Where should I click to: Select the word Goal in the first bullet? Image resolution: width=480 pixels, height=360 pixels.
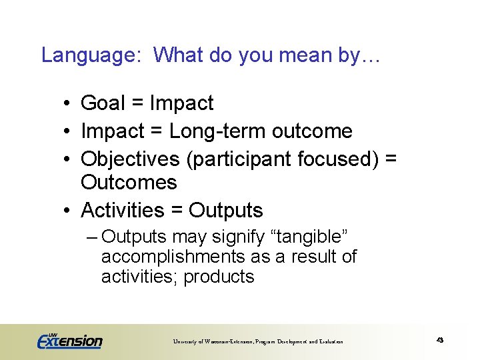(103, 103)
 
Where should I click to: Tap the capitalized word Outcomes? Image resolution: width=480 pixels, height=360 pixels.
(129, 182)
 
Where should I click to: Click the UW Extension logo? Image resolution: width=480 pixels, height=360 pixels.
(69, 340)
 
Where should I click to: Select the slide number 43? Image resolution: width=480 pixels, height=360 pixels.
(440, 340)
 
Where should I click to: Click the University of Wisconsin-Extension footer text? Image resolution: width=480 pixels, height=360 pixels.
(258, 341)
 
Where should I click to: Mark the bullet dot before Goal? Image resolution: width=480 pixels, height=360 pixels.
(68, 104)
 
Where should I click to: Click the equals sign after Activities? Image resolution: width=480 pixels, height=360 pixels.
(177, 211)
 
